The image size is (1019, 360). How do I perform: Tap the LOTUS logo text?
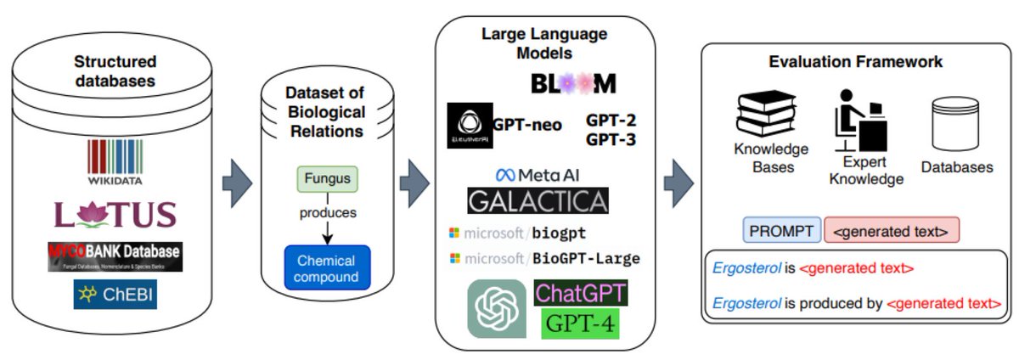click(115, 214)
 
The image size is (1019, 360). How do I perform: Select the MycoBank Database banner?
click(115, 256)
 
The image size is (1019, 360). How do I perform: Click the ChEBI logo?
click(115, 295)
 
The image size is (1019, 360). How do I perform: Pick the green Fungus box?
click(327, 179)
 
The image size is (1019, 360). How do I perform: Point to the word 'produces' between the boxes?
click(327, 212)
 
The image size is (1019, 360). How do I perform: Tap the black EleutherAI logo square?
click(469, 125)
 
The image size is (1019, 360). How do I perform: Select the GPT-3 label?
click(611, 140)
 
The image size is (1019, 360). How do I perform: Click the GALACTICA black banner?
click(538, 200)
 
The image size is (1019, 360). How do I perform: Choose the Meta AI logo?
click(538, 175)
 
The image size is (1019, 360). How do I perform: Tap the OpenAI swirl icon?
click(496, 309)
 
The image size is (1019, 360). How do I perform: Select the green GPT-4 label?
click(581, 323)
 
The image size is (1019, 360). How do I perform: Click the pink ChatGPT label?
click(581, 294)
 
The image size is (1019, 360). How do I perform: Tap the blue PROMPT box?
click(781, 230)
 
